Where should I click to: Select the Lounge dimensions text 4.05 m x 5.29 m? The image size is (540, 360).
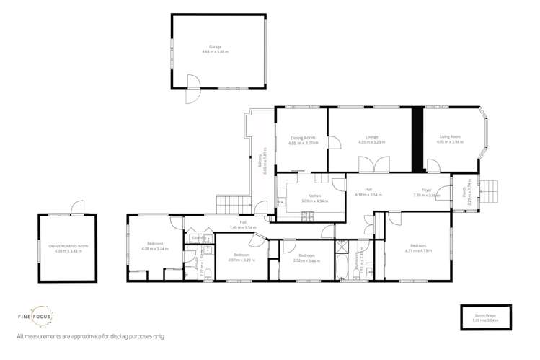(x=371, y=142)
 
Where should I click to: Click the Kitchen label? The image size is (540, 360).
(x=314, y=196)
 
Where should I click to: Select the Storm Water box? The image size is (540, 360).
(x=484, y=317)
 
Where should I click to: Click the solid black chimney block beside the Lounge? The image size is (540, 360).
(x=416, y=139)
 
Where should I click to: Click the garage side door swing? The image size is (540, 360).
(x=193, y=90)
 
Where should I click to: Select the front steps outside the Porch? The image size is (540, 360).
(x=490, y=191)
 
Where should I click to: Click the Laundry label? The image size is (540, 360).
(x=197, y=237)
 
